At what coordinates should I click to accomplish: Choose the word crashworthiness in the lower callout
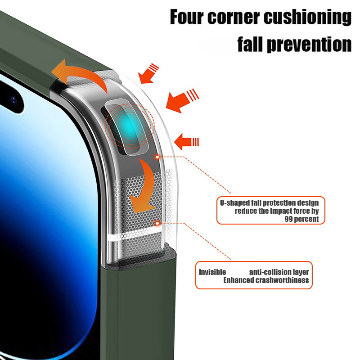click(x=285, y=280)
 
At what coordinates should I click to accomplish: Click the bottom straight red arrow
click(x=186, y=142)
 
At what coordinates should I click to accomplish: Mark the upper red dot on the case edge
click(x=157, y=157)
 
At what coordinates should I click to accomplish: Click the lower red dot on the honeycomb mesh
click(x=156, y=222)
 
